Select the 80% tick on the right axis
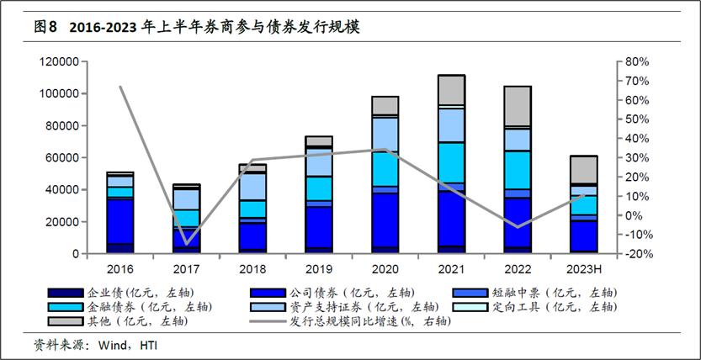pos(635,62)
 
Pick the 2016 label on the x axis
pos(120,268)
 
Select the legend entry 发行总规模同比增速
pos(362,321)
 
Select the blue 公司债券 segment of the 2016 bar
pos(120,221)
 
